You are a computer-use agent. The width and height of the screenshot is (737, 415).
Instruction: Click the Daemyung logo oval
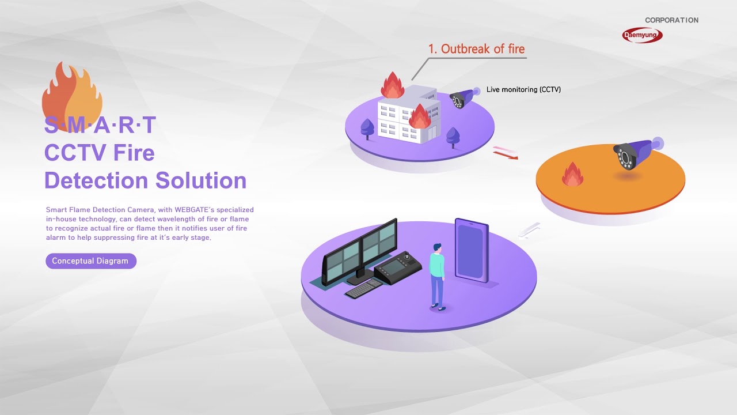point(642,35)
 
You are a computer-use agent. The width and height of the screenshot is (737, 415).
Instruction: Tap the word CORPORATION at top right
point(671,20)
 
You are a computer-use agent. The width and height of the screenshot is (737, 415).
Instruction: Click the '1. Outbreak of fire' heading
point(476,49)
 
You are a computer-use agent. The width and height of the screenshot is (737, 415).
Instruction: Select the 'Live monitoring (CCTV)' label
point(523,89)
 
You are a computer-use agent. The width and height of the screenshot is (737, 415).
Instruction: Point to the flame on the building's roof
point(393,86)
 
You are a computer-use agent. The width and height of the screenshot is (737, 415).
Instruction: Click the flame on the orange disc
point(572,175)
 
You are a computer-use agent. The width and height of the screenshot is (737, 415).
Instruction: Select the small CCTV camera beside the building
point(462,99)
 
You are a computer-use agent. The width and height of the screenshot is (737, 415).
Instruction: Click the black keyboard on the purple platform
point(364,288)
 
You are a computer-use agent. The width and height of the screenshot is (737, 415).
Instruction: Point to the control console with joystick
point(398,268)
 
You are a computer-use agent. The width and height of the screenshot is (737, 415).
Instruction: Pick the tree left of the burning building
point(367,128)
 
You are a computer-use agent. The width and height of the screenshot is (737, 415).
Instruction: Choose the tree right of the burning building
point(453,136)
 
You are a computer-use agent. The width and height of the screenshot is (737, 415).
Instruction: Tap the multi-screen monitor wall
point(359,251)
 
